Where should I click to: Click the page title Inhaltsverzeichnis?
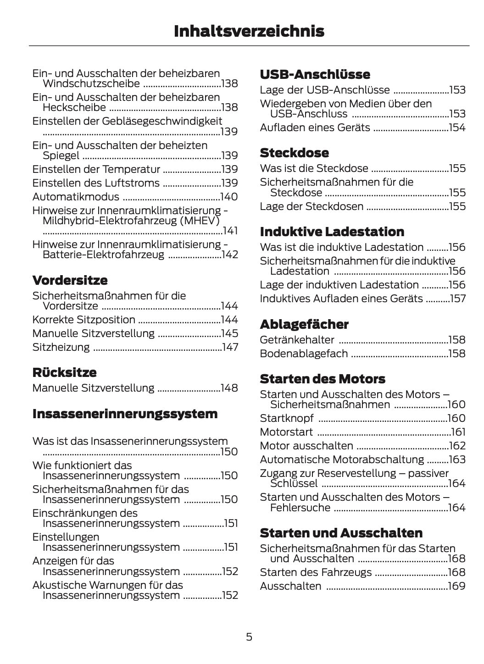point(249,31)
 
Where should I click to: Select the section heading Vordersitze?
point(70,280)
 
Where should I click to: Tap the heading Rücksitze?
point(65,372)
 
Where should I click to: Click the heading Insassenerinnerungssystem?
point(125,414)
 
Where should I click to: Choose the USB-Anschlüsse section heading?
point(315,74)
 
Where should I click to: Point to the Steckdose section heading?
point(294,153)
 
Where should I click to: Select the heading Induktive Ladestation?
point(332,232)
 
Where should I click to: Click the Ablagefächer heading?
point(304,324)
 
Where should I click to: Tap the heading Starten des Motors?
point(322,379)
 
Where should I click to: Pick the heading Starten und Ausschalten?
point(341,533)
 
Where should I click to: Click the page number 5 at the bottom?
point(249,636)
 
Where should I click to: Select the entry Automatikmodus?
point(76,197)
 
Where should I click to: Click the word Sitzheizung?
point(61,347)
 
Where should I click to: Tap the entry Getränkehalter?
point(297,340)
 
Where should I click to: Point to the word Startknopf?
point(287,418)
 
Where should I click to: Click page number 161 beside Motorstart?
point(458,432)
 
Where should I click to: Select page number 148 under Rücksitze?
point(229,388)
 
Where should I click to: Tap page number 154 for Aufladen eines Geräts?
point(457,127)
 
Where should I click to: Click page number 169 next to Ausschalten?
point(457,586)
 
